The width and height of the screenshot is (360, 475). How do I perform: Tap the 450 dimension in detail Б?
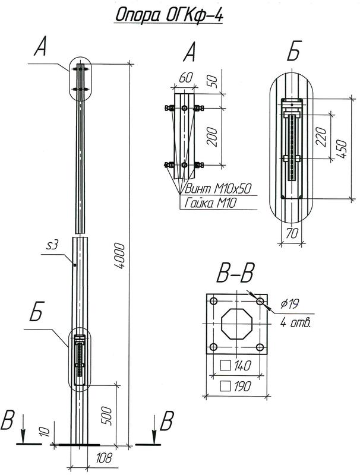(x=340, y=144)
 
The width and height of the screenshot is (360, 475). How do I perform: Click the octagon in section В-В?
(x=236, y=324)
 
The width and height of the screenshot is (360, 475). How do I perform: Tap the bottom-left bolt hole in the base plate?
(x=213, y=347)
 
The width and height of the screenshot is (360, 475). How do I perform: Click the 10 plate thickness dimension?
(x=42, y=432)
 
